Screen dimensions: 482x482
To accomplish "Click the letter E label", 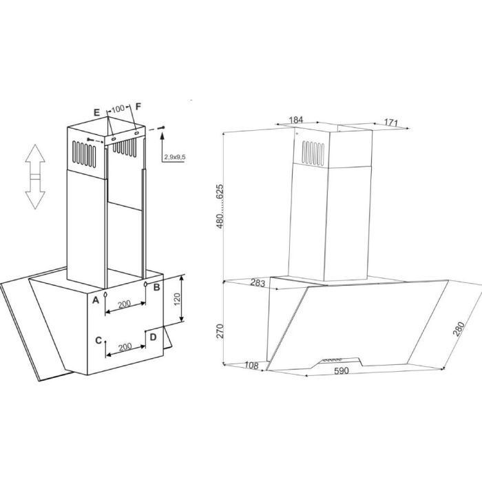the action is pyautogui.click(x=97, y=112).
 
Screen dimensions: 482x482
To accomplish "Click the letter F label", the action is pyautogui.click(x=138, y=106).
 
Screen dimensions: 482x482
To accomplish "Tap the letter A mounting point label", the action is pyautogui.click(x=96, y=300).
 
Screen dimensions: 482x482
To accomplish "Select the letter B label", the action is pyautogui.click(x=156, y=287).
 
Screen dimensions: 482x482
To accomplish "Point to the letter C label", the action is pyautogui.click(x=98, y=340).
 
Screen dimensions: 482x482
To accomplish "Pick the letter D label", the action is pyautogui.click(x=153, y=337).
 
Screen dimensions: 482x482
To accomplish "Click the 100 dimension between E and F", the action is pyautogui.click(x=118, y=109).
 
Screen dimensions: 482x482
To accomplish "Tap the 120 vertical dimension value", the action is pyautogui.click(x=177, y=299).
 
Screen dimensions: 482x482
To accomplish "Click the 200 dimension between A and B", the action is pyautogui.click(x=125, y=304).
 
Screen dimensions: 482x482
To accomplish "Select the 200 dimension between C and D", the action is pyautogui.click(x=125, y=347).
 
